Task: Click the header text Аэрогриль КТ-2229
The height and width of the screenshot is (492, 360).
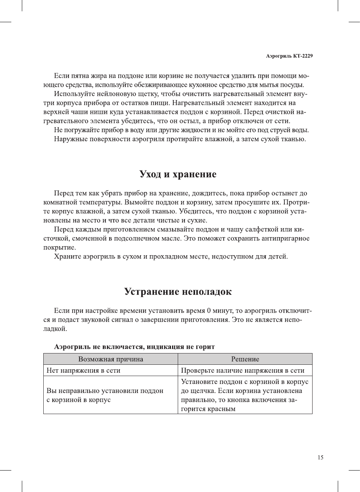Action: click(289, 56)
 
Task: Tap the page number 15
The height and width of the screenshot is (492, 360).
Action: click(320, 457)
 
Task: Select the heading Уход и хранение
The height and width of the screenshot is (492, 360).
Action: click(178, 174)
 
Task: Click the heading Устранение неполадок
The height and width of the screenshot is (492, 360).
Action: click(178, 291)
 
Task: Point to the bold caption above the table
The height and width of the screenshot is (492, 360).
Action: click(134, 347)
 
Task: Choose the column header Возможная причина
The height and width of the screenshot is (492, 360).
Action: click(110, 359)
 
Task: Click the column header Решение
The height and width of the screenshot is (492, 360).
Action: click(245, 359)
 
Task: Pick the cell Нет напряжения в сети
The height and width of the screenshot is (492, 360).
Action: click(83, 370)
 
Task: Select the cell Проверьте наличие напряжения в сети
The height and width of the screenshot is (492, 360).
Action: click(243, 370)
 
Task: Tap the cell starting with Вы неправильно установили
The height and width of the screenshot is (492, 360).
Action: click(105, 395)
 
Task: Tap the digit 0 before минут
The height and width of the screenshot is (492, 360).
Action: click(209, 311)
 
